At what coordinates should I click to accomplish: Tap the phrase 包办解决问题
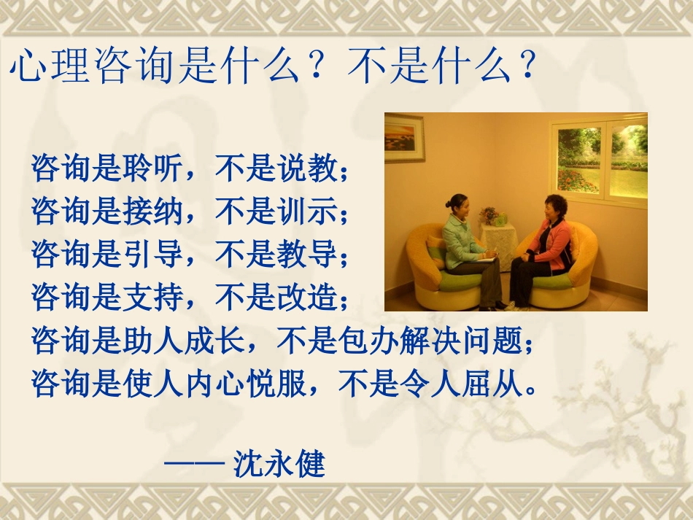click(x=431, y=340)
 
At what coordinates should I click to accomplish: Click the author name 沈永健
click(x=279, y=465)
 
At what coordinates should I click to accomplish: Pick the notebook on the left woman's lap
click(x=484, y=257)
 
